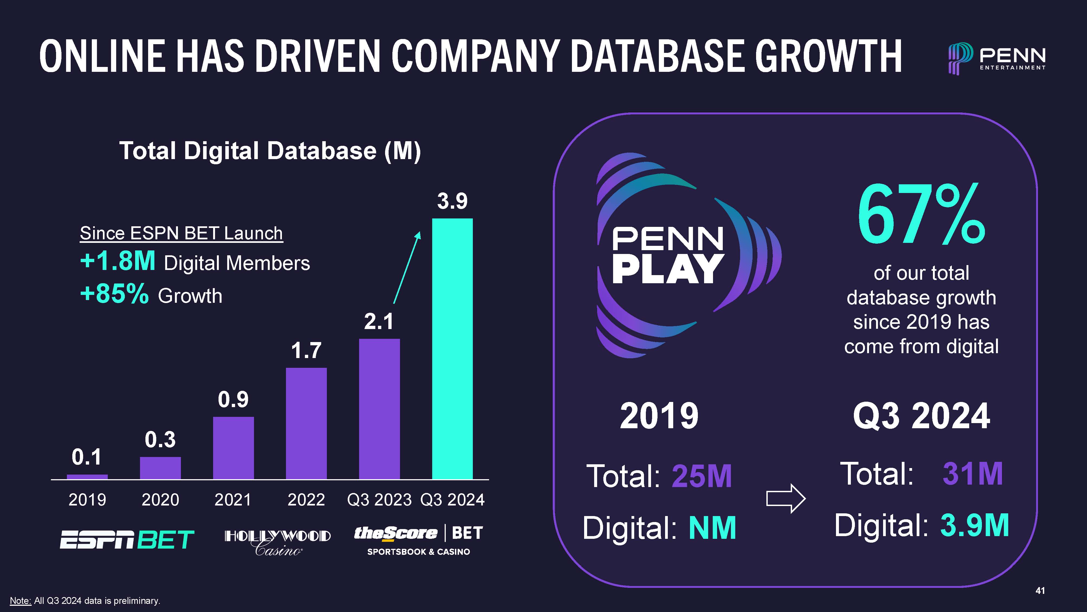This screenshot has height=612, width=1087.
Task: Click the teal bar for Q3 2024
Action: tap(452, 349)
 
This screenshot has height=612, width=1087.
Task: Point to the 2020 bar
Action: tap(160, 468)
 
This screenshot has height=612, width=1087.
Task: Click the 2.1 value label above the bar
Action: tap(379, 322)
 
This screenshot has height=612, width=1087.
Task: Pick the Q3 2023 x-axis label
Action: tap(379, 500)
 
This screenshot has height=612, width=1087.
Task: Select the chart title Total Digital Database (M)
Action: tap(270, 151)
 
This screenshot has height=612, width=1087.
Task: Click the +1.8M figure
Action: tap(118, 261)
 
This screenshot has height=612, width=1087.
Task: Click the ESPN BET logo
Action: tap(126, 540)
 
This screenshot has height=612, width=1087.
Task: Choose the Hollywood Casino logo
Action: tap(278, 542)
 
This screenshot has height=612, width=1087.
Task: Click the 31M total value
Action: tap(972, 474)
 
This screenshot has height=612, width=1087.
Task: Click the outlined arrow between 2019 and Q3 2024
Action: tap(786, 499)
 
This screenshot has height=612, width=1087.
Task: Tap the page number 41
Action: tap(1040, 591)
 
